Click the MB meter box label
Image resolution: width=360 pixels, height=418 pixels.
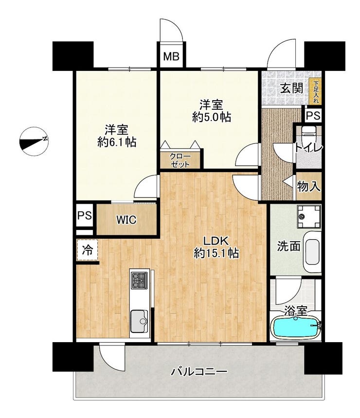(x=171, y=56)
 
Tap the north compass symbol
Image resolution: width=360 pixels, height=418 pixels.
(x=34, y=141)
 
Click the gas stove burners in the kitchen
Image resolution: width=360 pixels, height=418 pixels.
(x=139, y=280)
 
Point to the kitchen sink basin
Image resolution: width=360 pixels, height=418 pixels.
(x=139, y=321)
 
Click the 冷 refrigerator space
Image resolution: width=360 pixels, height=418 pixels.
(x=87, y=250)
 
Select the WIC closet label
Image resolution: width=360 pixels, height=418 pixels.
(x=126, y=220)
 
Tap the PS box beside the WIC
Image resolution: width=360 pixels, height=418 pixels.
(x=85, y=215)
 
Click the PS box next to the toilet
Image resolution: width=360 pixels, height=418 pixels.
(x=313, y=116)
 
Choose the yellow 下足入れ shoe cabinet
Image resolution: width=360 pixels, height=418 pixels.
(x=316, y=92)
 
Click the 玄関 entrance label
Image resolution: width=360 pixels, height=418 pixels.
(x=292, y=87)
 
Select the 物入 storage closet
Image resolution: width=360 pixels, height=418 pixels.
(x=308, y=186)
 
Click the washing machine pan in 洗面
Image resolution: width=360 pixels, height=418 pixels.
(x=309, y=216)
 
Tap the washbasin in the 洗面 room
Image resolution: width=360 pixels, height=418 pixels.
(x=312, y=252)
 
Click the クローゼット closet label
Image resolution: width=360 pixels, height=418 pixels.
(x=180, y=160)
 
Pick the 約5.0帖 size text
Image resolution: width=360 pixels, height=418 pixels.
(x=212, y=117)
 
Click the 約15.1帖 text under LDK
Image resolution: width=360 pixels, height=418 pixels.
(x=216, y=253)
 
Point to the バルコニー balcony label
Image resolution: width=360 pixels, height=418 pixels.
(x=199, y=371)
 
